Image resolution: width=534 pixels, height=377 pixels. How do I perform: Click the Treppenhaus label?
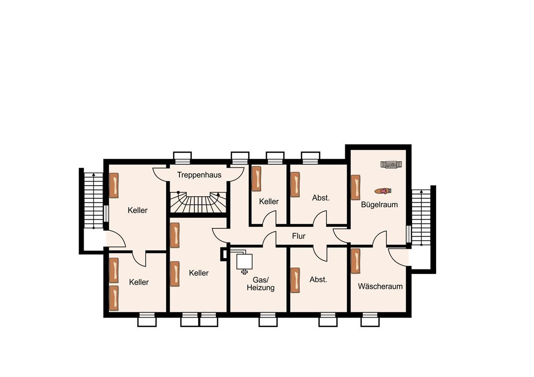pos(199,175)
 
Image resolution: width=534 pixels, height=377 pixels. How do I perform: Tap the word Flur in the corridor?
pos(298,236)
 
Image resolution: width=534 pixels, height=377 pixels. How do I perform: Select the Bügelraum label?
pos(380,205)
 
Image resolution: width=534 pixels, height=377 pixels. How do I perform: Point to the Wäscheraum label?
pos(380,286)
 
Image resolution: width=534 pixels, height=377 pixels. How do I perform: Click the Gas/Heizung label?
pos(261,284)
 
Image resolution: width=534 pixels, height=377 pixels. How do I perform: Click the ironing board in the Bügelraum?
pos(391,164)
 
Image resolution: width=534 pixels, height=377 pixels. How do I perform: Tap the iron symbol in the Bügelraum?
pos(383,191)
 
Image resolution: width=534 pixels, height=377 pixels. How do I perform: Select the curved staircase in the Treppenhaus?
pos(199,203)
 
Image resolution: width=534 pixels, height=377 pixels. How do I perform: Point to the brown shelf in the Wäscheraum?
pos(356,261)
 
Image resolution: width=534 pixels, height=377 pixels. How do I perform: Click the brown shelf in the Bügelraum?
pos(356,188)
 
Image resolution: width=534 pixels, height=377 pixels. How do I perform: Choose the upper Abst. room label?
pos(321,197)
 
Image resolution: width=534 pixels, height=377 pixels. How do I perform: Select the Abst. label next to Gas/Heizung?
pos(318,279)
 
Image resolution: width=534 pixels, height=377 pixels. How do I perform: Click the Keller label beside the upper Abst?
pos(268,202)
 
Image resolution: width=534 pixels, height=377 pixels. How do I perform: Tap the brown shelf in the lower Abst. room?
pos(295,280)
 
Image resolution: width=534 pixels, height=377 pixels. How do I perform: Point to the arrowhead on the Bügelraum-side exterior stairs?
pos(421,192)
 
